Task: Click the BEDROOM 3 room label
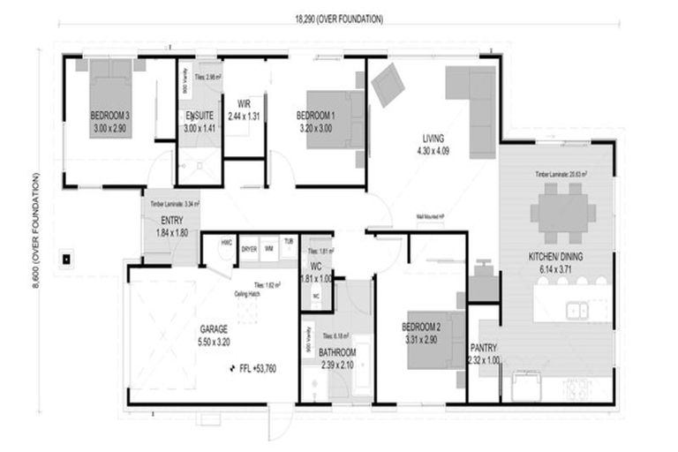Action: click(x=110, y=116)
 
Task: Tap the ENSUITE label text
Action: click(x=198, y=116)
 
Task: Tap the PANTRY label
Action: click(x=484, y=348)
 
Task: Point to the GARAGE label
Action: click(x=214, y=328)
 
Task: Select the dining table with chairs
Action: click(x=563, y=213)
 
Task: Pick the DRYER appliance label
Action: click(x=250, y=250)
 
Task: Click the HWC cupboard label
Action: click(x=227, y=242)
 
